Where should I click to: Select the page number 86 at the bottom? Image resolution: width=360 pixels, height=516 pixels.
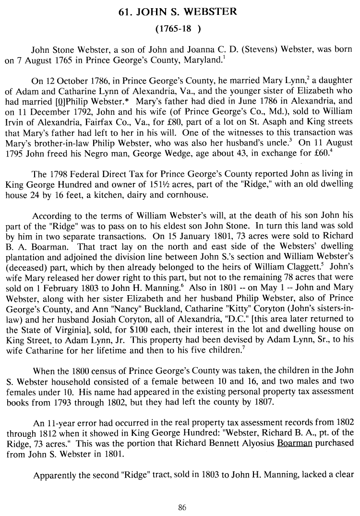pyautogui.click(x=181, y=507)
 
